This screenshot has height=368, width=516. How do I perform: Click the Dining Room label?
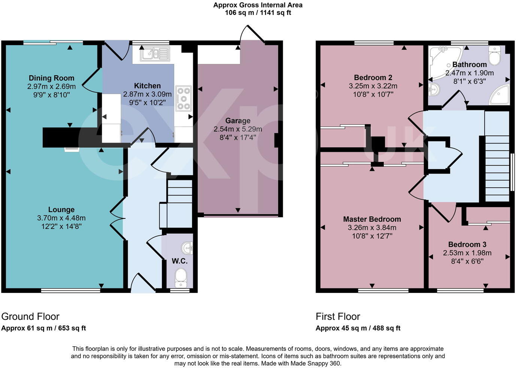click(x=51, y=78)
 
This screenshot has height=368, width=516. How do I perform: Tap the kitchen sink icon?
click(x=155, y=54)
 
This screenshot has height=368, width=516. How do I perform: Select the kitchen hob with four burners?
click(x=183, y=98)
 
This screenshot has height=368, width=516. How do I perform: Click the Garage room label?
click(x=238, y=121)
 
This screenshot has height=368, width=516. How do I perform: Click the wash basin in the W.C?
click(x=187, y=247)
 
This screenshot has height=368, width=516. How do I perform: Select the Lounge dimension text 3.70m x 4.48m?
click(x=61, y=218)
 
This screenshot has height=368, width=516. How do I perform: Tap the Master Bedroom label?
click(x=372, y=219)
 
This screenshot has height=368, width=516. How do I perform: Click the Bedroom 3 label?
click(x=467, y=245)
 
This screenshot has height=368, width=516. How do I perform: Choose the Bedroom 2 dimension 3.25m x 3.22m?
click(x=373, y=86)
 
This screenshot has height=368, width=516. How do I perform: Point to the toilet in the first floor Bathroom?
click(x=495, y=56)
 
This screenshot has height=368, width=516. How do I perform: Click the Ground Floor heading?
click(x=30, y=317)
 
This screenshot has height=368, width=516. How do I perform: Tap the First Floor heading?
click(x=338, y=317)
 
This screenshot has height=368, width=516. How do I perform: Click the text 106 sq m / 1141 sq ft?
click(x=258, y=13)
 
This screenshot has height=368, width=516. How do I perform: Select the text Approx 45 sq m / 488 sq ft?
click(x=358, y=328)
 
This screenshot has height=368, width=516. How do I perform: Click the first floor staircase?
click(x=497, y=165)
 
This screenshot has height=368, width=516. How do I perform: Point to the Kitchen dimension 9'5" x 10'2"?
click(x=148, y=102)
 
